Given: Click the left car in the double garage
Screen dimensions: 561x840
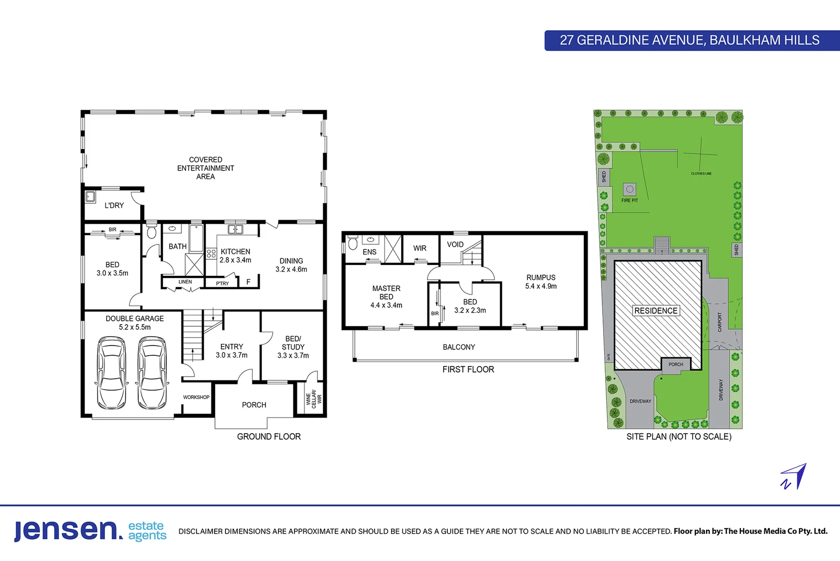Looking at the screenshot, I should click(x=112, y=373).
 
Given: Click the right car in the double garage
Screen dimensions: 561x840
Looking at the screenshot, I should click(x=152, y=373).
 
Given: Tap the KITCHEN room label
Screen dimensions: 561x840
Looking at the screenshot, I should click(x=235, y=251).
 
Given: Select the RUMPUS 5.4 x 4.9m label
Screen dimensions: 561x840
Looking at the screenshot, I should click(x=541, y=282).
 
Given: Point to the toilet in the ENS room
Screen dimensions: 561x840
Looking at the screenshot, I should click(x=353, y=243).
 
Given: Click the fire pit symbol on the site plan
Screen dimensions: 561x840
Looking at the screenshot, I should click(x=630, y=190).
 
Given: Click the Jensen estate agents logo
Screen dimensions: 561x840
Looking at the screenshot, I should click(x=90, y=530).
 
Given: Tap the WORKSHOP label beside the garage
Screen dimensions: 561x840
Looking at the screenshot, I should click(x=196, y=397).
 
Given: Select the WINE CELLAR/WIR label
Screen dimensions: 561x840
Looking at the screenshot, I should click(x=314, y=399).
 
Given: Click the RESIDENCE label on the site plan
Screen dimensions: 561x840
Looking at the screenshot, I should click(x=656, y=311).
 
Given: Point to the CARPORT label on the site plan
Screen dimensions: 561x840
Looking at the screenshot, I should click(x=719, y=322).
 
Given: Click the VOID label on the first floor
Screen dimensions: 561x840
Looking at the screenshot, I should click(x=455, y=244).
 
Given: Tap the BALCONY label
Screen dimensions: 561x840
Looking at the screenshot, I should click(x=459, y=347).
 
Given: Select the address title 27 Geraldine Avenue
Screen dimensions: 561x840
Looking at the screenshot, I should click(x=689, y=40).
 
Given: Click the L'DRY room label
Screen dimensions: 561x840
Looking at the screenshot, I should click(x=114, y=205).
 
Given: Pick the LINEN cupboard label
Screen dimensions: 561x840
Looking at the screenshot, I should click(x=185, y=282).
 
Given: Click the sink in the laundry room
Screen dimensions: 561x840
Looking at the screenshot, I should click(x=90, y=197).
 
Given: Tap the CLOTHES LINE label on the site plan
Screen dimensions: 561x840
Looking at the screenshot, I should click(x=701, y=173).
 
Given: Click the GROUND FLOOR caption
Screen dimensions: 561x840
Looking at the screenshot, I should click(x=269, y=436).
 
